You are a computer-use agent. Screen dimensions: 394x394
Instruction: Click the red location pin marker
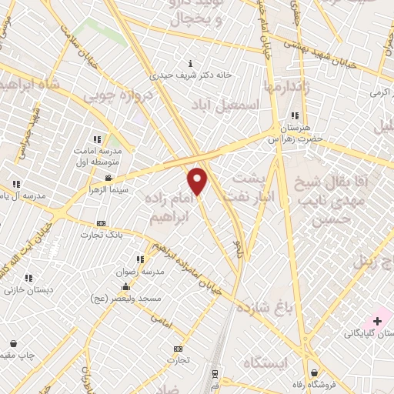[198, 180]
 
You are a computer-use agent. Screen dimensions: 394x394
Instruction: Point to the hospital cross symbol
[378, 319]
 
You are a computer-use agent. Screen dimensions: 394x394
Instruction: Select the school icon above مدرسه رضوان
[141, 261]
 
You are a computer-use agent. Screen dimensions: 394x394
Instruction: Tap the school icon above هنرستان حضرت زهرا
[295, 115]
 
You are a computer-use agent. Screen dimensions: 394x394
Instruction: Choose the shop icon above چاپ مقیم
[13, 344]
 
